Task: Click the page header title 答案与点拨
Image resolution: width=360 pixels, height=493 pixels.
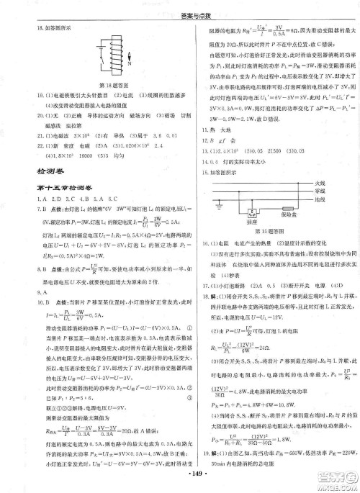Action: tap(181, 6)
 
